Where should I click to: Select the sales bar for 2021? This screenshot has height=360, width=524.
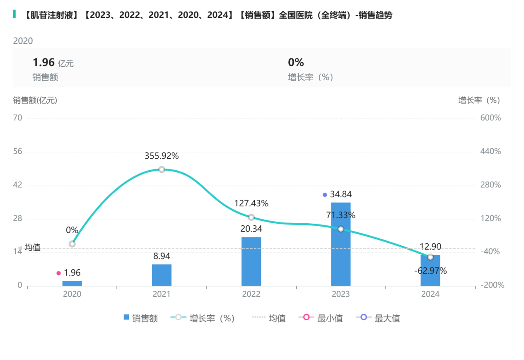[162, 275]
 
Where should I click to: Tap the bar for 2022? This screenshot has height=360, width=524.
[251, 261]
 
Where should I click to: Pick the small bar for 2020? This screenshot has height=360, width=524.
[72, 283]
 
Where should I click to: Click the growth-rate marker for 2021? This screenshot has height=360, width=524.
[162, 169]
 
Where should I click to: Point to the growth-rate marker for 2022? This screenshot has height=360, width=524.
[251, 217]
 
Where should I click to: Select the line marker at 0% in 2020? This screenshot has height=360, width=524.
[72, 244]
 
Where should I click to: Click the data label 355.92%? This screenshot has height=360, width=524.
[162, 156]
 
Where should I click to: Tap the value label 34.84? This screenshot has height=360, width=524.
[341, 194]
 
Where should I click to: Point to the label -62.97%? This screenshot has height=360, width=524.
[430, 271]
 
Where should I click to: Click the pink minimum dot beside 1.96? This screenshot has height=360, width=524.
[58, 273]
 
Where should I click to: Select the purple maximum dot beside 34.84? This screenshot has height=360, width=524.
[325, 195]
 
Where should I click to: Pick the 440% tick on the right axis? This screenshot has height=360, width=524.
[491, 152]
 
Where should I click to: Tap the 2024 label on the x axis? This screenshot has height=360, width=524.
[430, 294]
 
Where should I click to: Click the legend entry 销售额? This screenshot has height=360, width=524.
[141, 318]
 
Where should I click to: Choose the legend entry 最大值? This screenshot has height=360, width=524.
[378, 318]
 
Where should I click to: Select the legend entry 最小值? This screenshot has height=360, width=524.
[321, 318]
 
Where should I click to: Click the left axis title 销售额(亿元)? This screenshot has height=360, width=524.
[35, 100]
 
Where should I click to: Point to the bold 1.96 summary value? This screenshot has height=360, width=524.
[43, 63]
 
